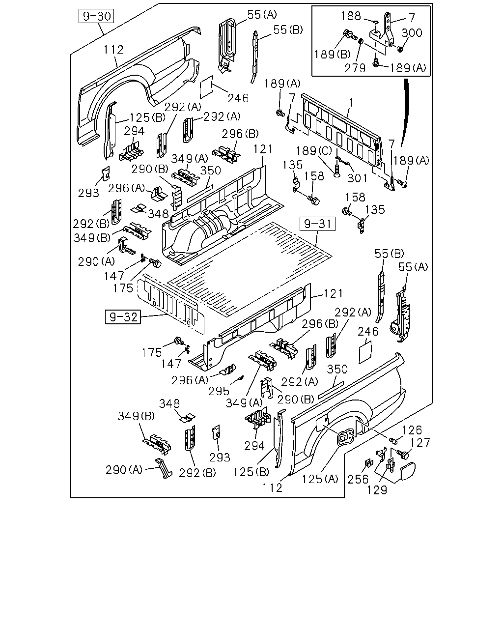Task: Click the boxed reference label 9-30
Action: pos(96,16)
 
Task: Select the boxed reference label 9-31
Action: pos(317,224)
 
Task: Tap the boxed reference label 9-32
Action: pos(123,317)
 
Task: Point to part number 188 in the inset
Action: pos(351,16)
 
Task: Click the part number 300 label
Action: pos(412,33)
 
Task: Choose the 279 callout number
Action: pos(355,68)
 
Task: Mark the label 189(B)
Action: pos(333,54)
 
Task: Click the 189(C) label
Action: pos(314,151)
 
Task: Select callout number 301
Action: pos(357,178)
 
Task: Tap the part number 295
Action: pos(219,391)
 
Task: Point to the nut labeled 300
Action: pos(400,49)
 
